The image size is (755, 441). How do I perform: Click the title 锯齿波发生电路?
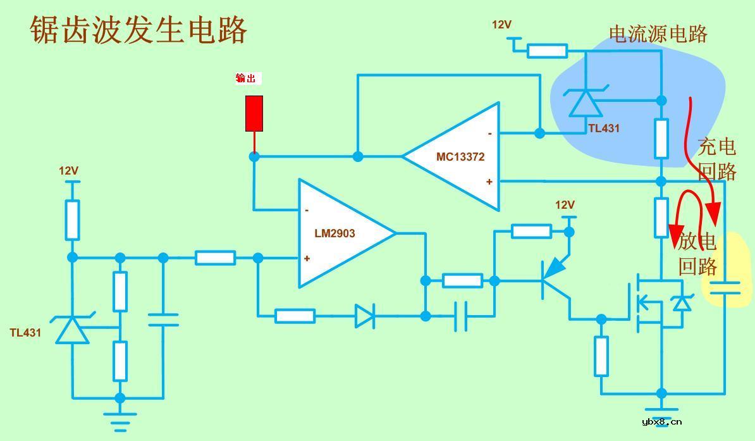click(138, 30)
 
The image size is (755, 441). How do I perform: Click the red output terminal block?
click(254, 114)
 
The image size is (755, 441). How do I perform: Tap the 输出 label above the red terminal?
click(246, 78)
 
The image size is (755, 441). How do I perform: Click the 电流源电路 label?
click(658, 34)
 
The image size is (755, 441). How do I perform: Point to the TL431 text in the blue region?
click(603, 128)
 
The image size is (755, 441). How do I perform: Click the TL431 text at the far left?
click(25, 333)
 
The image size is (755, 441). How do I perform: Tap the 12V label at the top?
click(501, 25)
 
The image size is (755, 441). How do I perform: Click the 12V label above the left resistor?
click(68, 171)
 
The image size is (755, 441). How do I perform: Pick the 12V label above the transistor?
click(565, 205)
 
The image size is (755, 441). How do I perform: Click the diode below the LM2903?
click(364, 316)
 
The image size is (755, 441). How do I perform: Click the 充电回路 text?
click(717, 159)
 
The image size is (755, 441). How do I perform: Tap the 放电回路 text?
click(697, 254)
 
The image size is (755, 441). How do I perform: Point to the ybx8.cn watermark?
click(661, 422)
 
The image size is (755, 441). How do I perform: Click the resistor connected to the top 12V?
click(547, 51)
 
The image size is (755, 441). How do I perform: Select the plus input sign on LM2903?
click(307, 258)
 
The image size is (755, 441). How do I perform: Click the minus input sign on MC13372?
click(490, 134)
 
